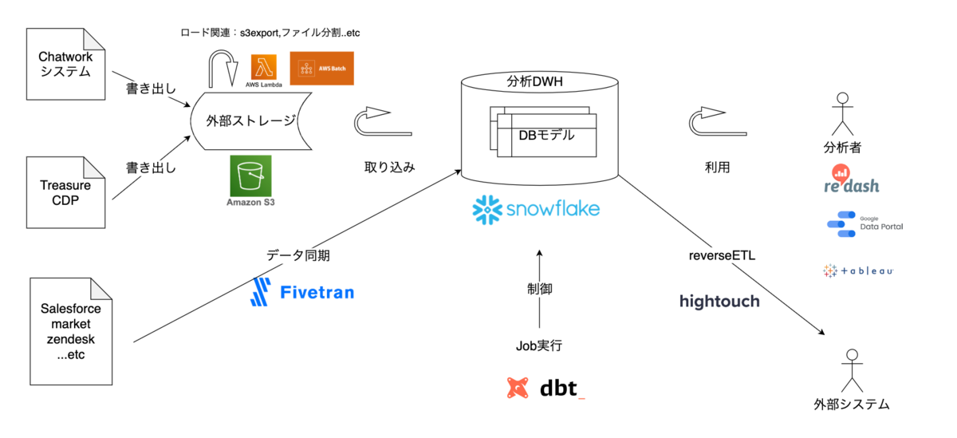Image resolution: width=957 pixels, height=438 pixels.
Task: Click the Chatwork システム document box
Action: [x=66, y=65]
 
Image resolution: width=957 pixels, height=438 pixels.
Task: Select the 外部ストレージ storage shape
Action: [x=250, y=121]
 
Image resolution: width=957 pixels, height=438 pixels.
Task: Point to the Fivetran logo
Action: [x=302, y=292]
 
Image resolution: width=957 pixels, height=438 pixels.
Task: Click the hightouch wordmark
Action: [x=719, y=301]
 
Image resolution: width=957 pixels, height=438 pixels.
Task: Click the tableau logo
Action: [x=858, y=271]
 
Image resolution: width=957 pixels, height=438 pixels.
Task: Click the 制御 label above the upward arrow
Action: [x=540, y=288]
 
